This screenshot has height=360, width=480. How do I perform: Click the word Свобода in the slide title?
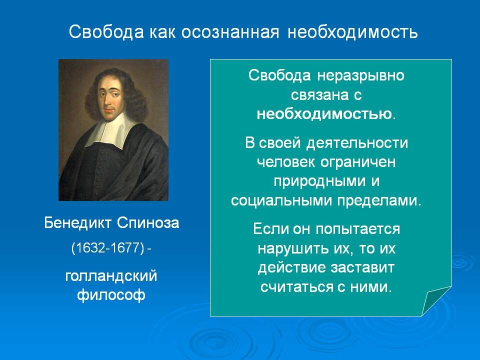pyautogui.click(x=106, y=31)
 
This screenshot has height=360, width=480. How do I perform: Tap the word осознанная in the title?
pyautogui.click(x=230, y=32)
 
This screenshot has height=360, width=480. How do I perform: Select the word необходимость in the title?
pyautogui.click(x=352, y=32)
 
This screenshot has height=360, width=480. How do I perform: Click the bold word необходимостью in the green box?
pyautogui.click(x=324, y=114)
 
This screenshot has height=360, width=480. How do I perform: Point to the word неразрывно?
pyautogui.click(x=360, y=75)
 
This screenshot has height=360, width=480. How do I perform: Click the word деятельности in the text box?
pyautogui.click(x=357, y=143)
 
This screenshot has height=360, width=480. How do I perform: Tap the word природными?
pyautogui.click(x=319, y=181)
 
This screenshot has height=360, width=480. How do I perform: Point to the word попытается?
pyautogui.click(x=358, y=229)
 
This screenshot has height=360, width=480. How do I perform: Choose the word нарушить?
pyautogui.click(x=291, y=248)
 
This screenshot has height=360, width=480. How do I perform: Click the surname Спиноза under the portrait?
pyautogui.click(x=148, y=223)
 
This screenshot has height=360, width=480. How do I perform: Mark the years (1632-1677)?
pyautogui.click(x=107, y=247)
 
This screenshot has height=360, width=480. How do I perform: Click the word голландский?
pyautogui.click(x=111, y=276)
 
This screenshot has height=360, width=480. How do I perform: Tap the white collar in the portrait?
pyautogui.click(x=110, y=130)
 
